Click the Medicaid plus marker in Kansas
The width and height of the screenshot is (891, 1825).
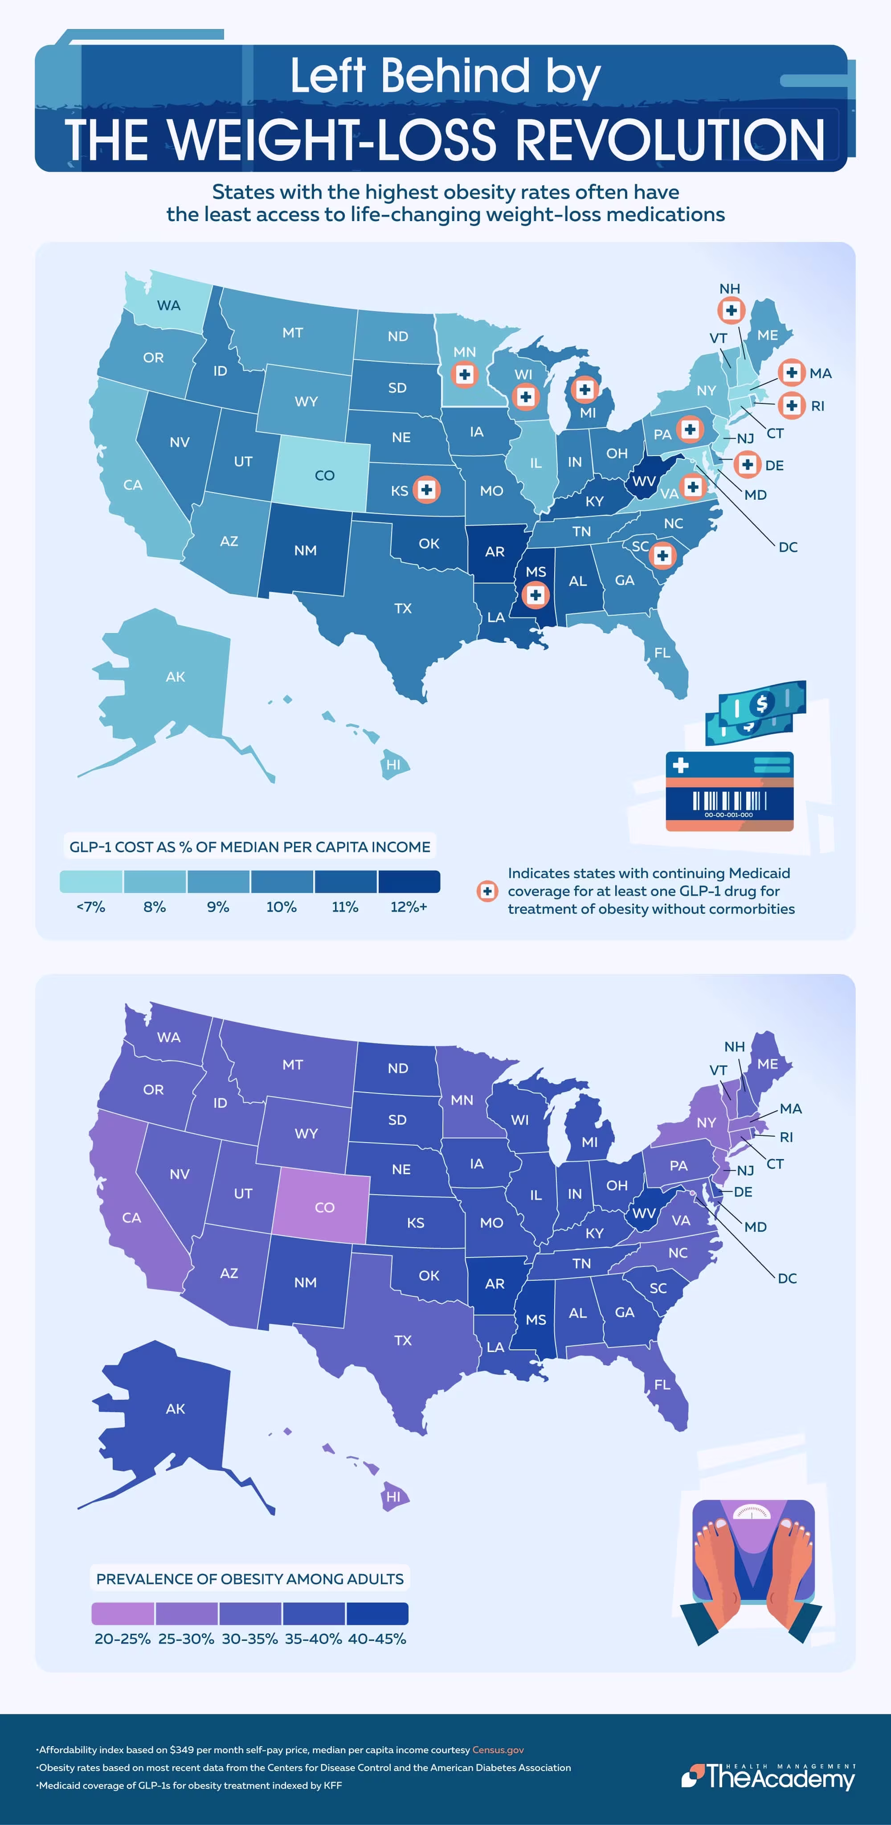point(426,489)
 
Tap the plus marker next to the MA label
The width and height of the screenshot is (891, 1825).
point(791,373)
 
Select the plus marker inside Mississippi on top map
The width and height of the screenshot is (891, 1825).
point(535,595)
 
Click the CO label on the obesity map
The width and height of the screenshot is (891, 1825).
point(324,1207)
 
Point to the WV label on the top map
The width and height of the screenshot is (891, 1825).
point(643,481)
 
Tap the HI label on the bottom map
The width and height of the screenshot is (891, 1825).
point(393,1497)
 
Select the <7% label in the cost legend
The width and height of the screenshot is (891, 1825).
point(90,907)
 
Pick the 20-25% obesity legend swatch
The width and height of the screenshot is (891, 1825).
point(123,1614)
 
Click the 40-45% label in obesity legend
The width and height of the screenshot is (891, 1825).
point(377,1639)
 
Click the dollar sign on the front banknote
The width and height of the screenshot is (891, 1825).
point(761,703)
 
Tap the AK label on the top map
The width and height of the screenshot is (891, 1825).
point(176,677)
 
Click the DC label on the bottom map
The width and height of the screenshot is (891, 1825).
point(787,1278)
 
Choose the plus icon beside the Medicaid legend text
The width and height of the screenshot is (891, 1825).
point(487,891)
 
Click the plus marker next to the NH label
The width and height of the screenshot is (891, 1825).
point(731,310)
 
